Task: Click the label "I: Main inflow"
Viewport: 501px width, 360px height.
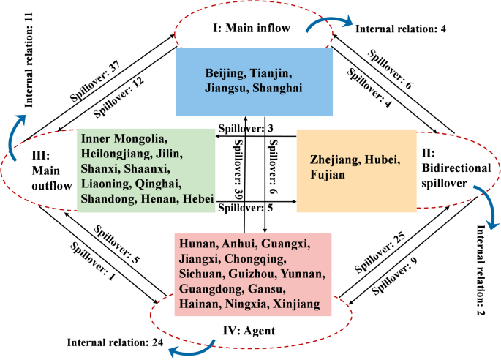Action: pyautogui.click(x=252, y=29)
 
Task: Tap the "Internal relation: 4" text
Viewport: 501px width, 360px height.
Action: pyautogui.click(x=400, y=30)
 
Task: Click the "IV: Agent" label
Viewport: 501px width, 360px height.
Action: pyautogui.click(x=248, y=331)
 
